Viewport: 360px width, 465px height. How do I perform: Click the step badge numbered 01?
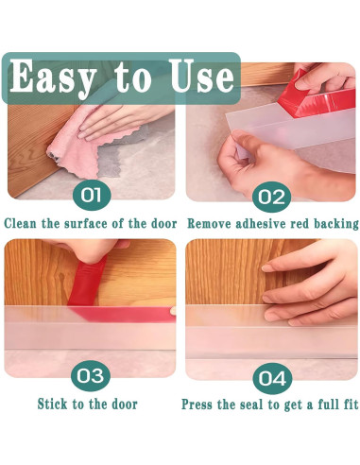point(92,195)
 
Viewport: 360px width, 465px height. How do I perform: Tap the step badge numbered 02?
point(271,197)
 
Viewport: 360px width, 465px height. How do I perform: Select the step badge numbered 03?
point(91,376)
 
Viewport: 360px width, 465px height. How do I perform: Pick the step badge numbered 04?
point(273,378)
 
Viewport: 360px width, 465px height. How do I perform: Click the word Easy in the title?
point(53,77)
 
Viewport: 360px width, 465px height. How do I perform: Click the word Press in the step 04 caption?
point(197,405)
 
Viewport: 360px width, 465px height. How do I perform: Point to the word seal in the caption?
point(252,405)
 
